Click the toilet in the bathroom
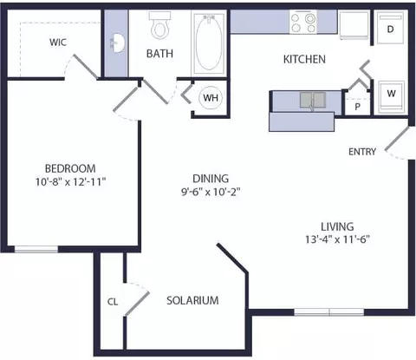[159, 25]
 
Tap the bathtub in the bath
[209, 43]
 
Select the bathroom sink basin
[117, 43]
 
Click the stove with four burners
[303, 22]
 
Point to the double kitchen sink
[313, 100]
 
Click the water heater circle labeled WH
[211, 98]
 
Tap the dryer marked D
[390, 28]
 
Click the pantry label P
[358, 107]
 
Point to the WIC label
[58, 43]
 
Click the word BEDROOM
[70, 168]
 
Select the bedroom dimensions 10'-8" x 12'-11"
[70, 182]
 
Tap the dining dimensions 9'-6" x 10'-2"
[211, 192]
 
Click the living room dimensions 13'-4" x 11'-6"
[337, 239]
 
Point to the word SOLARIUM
[192, 300]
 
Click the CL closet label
[113, 302]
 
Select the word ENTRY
[362, 152]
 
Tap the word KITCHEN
[304, 59]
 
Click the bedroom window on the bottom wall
[36, 249]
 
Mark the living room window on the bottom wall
[329, 312]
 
